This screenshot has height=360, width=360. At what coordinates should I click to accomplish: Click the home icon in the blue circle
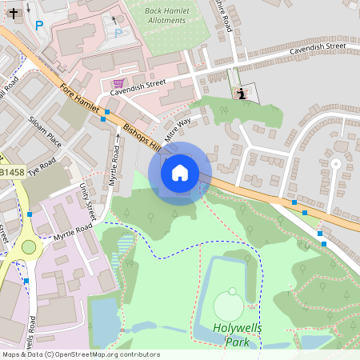click(x=180, y=172)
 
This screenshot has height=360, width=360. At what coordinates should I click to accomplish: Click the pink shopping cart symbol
click(x=118, y=83)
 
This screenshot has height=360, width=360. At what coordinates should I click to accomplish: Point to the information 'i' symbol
click(x=242, y=94)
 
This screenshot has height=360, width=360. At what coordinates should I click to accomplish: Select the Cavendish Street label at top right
click(x=318, y=47)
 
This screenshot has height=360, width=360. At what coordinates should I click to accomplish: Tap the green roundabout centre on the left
click(x=29, y=246)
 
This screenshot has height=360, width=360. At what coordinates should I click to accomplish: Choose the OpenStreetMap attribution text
click(x=80, y=354)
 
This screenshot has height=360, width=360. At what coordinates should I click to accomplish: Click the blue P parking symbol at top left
click(x=38, y=25)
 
